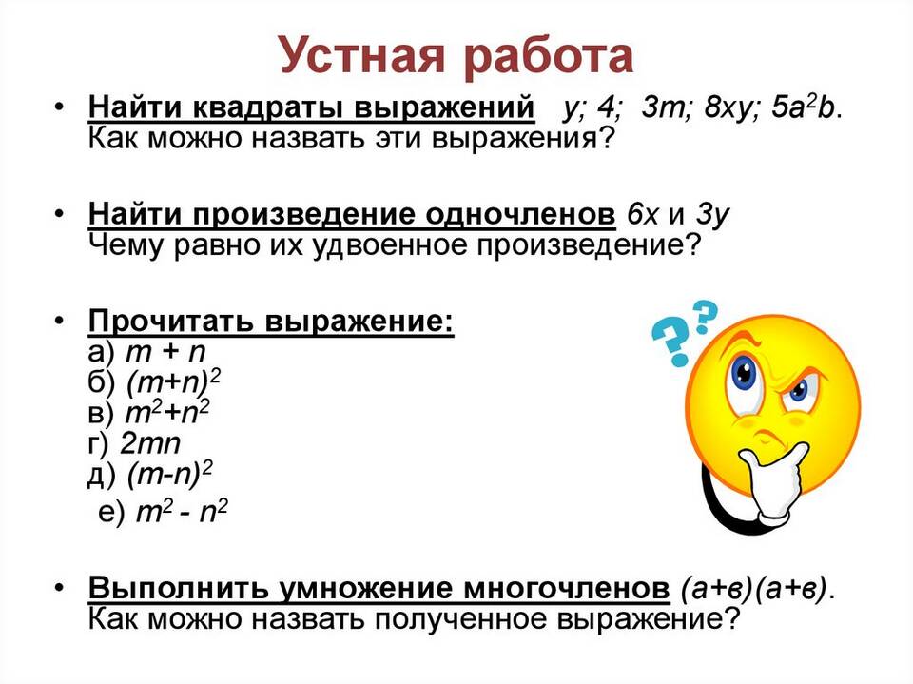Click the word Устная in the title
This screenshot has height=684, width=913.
point(362,56)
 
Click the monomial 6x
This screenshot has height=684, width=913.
point(642,214)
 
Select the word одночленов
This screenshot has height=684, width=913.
point(520,215)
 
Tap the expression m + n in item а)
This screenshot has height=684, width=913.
point(165,351)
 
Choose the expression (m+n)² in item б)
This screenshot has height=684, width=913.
point(173,382)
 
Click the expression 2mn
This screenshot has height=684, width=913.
point(151,443)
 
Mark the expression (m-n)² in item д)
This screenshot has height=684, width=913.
point(169,474)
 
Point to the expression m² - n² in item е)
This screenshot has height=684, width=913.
point(181,512)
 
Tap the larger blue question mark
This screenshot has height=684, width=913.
point(671,344)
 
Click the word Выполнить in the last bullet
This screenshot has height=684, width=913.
point(178,588)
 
